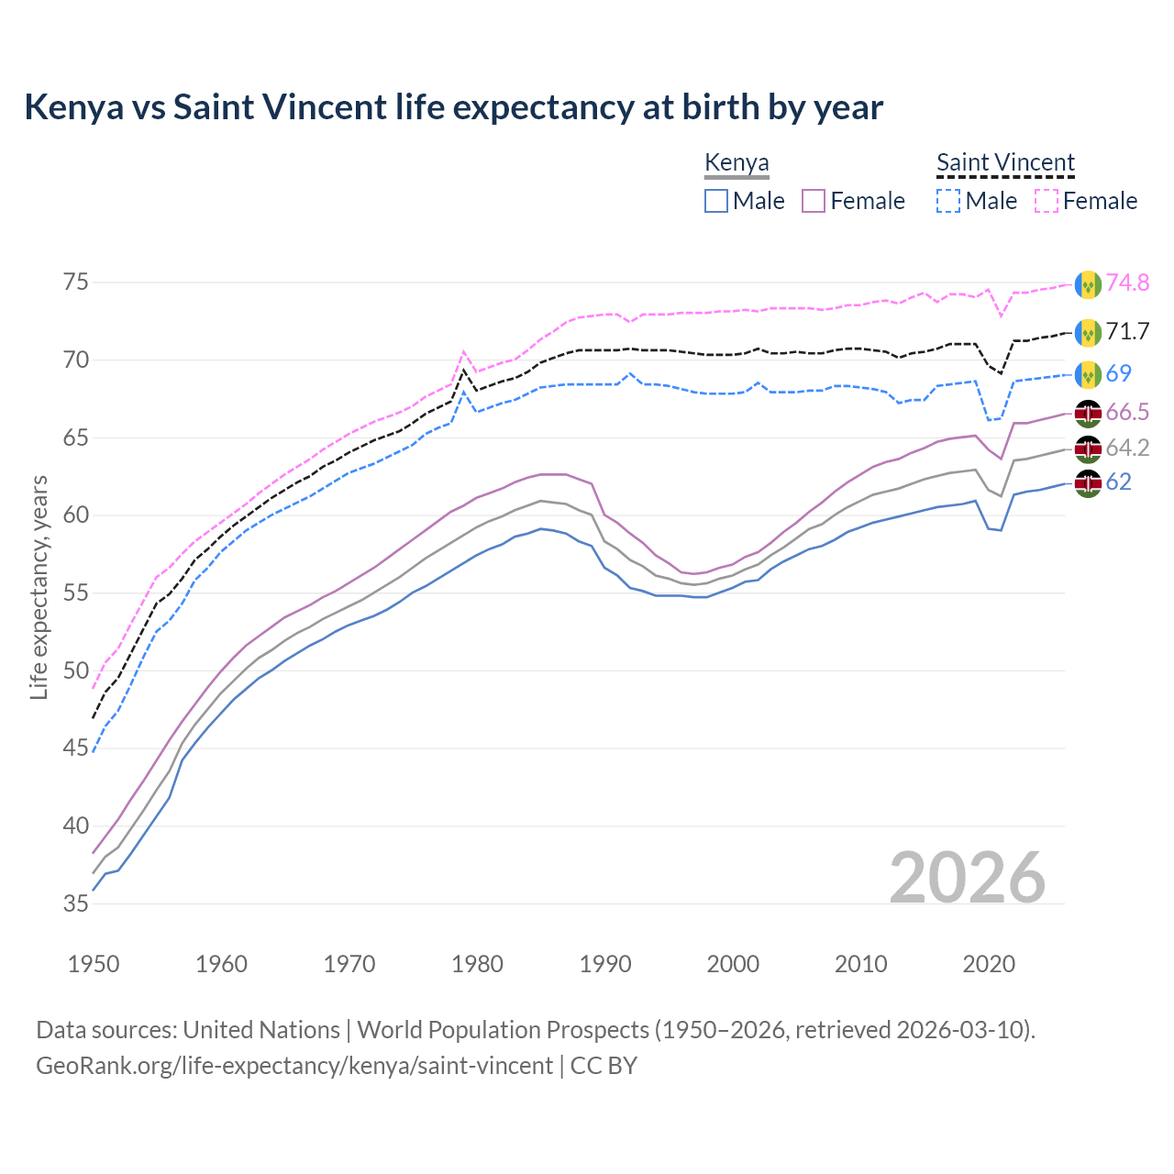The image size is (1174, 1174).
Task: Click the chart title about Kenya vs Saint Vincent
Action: (453, 107)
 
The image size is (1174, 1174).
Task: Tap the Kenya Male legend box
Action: (716, 201)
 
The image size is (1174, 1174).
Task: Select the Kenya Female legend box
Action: (814, 201)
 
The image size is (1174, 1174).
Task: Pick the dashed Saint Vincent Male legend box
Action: (948, 201)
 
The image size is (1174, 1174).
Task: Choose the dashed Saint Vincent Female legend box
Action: (1046, 201)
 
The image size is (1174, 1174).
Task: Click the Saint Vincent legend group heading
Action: (1005, 163)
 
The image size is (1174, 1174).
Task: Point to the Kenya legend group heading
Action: (737, 163)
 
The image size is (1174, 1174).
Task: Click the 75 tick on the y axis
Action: (76, 282)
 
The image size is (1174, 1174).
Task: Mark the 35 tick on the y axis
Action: (76, 903)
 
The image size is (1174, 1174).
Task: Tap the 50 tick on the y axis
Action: (76, 670)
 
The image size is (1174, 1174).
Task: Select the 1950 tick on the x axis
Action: (94, 964)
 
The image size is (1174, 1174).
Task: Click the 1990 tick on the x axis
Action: (605, 964)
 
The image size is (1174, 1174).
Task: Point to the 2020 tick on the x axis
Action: (989, 964)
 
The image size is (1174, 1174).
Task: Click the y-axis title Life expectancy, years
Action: (39, 587)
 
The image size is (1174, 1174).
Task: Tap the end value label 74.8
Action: (1127, 283)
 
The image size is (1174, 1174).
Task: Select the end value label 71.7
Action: (1127, 332)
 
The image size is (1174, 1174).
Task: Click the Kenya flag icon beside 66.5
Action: (1088, 413)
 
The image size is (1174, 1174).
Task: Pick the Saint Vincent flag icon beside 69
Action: (1088, 374)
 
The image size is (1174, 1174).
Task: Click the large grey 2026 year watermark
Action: (968, 878)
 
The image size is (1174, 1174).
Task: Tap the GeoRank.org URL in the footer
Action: (293, 1066)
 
